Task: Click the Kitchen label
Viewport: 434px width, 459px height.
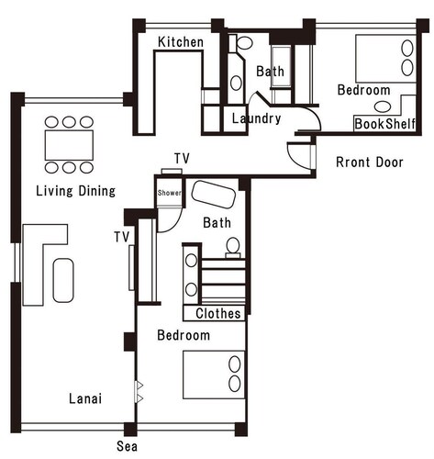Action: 181,42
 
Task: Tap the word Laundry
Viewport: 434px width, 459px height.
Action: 256,118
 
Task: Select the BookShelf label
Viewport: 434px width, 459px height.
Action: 384,124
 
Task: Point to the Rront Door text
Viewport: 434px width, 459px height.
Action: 370,162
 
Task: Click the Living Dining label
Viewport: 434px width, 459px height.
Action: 76,191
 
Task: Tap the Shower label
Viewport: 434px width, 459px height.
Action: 169,193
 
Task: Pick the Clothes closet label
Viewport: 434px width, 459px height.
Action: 218,313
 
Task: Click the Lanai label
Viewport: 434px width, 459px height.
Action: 85,398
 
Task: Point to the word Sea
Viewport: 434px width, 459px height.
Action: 127,446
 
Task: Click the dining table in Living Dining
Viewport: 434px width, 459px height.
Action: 69,145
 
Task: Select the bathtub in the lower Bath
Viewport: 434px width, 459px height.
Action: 214,195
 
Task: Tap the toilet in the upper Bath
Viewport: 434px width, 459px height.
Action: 244,43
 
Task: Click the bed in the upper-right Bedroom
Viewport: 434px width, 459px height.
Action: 386,59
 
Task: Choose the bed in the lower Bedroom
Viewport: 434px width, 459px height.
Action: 214,375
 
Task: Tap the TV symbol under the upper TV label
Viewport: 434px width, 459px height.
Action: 172,172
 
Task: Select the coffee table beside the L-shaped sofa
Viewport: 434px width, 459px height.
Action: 63,281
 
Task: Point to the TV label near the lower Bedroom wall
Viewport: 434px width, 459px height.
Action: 122,237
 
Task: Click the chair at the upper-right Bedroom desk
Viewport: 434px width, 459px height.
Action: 383,106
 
